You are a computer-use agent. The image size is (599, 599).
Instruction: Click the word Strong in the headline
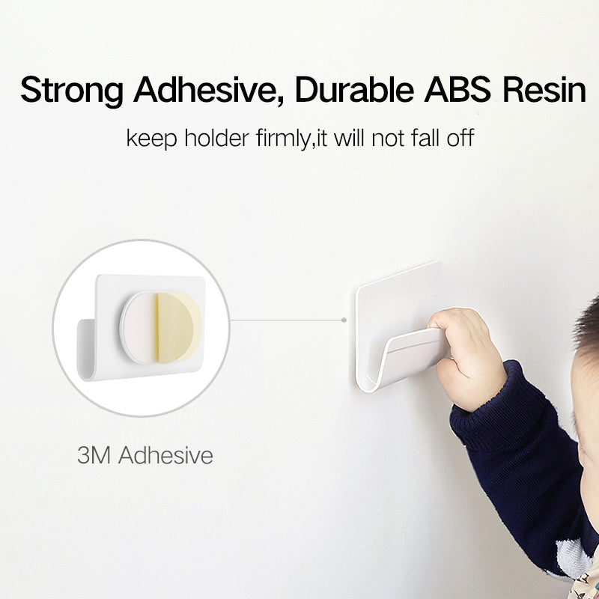[x=72, y=90]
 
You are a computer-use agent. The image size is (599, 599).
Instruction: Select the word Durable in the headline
[x=353, y=90]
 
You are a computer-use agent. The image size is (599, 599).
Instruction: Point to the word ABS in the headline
[x=458, y=90]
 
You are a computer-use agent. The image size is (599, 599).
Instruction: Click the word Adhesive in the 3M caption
[x=165, y=454]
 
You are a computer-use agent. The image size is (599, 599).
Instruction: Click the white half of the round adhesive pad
[x=139, y=327]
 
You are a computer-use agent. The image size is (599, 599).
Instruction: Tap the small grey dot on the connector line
[x=344, y=320]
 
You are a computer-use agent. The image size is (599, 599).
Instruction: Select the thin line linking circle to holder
[x=285, y=320]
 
